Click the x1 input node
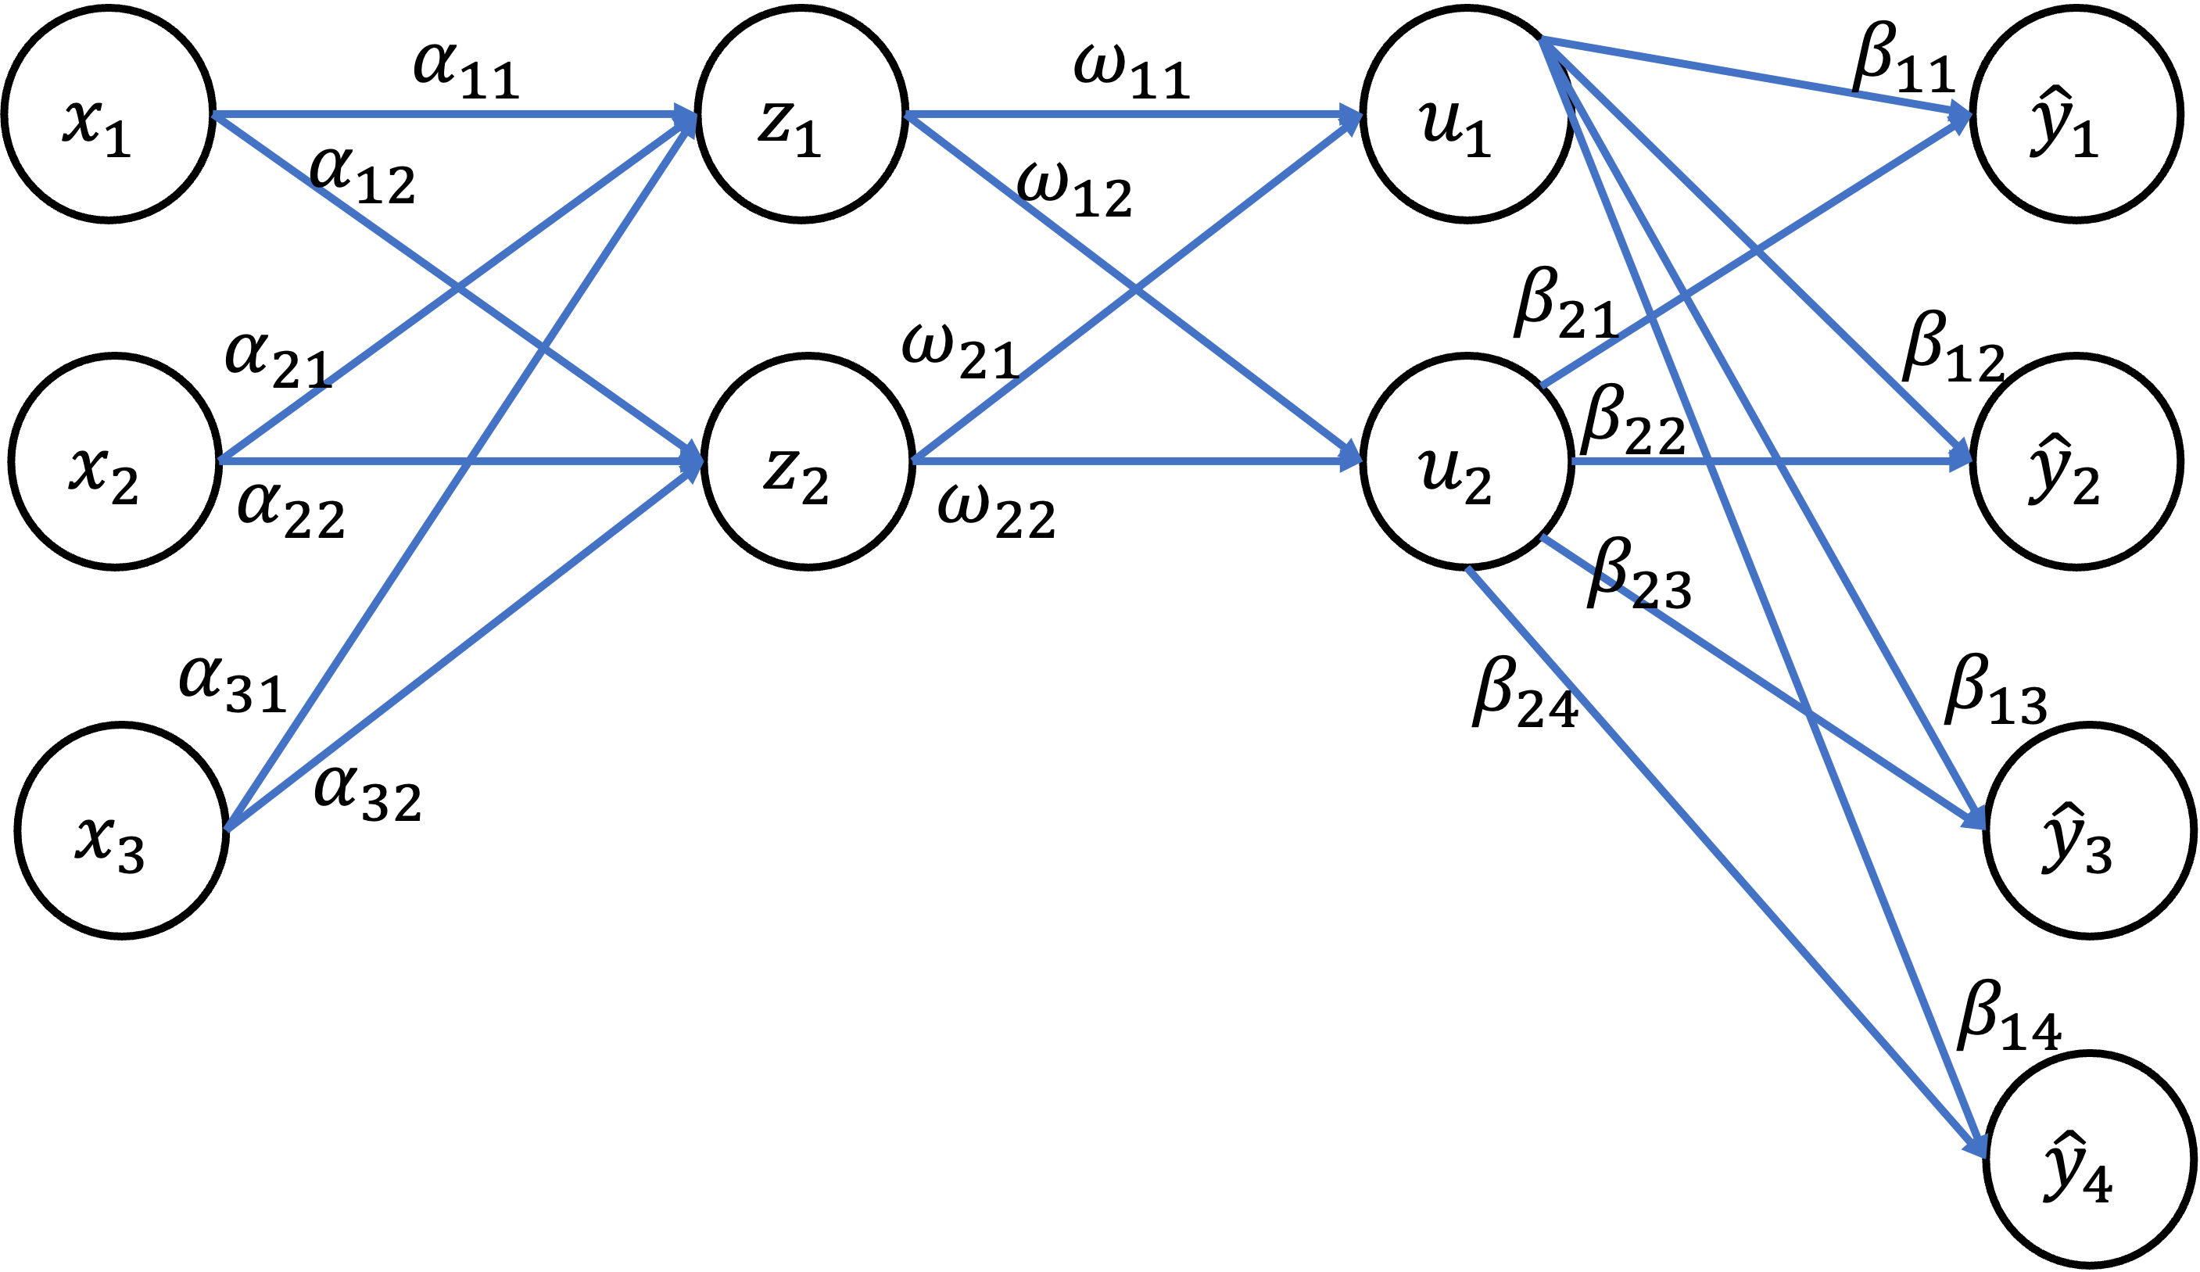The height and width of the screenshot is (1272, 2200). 108,113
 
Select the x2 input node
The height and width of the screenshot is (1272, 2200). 114,461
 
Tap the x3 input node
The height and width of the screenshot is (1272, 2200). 121,830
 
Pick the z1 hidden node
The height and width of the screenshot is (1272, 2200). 801,113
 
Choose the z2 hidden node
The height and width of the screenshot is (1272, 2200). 808,461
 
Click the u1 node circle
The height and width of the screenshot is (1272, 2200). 1467,113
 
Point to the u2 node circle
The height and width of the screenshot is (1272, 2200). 1467,461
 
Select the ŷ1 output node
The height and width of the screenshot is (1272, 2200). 2076,113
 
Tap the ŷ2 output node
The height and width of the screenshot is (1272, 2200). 2076,461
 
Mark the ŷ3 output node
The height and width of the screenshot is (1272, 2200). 2089,830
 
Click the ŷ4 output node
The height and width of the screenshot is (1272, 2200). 2089,1159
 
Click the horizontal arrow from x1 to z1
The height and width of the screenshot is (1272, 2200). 436,113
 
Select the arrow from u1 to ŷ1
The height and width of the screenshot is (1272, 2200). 1746,76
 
